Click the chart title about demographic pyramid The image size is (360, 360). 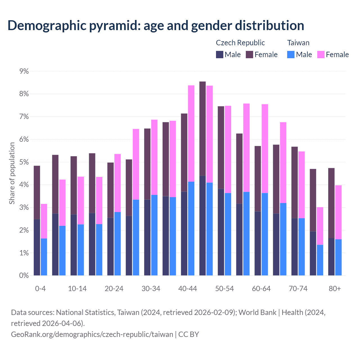[156, 25]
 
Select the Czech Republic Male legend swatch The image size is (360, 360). [220, 55]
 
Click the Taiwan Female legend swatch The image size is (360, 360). [321, 55]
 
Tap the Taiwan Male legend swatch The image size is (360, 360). [291, 55]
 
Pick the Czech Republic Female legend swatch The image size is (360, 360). [249, 55]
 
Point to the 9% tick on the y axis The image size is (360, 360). [24, 71]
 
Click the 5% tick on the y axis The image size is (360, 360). [24, 162]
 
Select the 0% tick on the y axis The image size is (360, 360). [24, 276]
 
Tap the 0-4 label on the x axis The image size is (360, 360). [40, 289]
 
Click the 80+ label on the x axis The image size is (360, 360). [335, 289]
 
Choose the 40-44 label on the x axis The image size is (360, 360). [188, 289]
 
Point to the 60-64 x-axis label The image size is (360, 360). [261, 289]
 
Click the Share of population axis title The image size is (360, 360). [12, 173]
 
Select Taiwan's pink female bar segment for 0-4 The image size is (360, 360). [44, 221]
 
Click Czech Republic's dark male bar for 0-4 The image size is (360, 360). [37, 247]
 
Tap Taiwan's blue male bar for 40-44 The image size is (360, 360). [191, 228]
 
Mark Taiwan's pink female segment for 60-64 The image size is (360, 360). [265, 148]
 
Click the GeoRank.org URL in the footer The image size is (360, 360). [92, 334]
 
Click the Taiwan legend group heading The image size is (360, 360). [298, 43]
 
